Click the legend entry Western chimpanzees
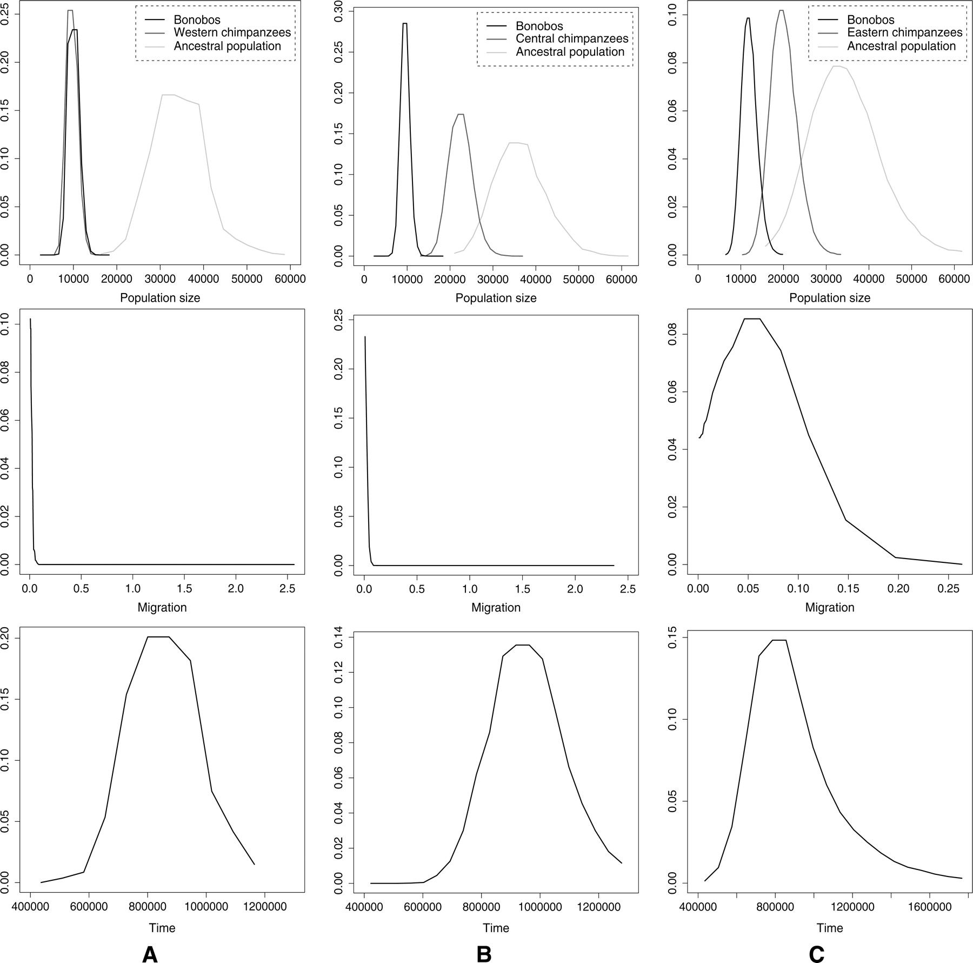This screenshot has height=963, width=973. click(232, 32)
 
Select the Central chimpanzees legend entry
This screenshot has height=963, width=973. click(572, 39)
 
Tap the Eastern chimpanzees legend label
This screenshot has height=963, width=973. click(904, 32)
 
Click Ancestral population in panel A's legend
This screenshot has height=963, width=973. click(227, 47)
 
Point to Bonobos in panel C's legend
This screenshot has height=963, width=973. click(870, 20)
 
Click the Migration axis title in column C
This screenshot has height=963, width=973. click(829, 607)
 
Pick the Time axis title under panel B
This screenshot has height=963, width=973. click(496, 928)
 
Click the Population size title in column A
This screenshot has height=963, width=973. click(160, 298)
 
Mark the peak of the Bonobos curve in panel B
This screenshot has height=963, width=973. click(405, 23)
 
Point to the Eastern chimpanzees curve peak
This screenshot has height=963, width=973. click(781, 10)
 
